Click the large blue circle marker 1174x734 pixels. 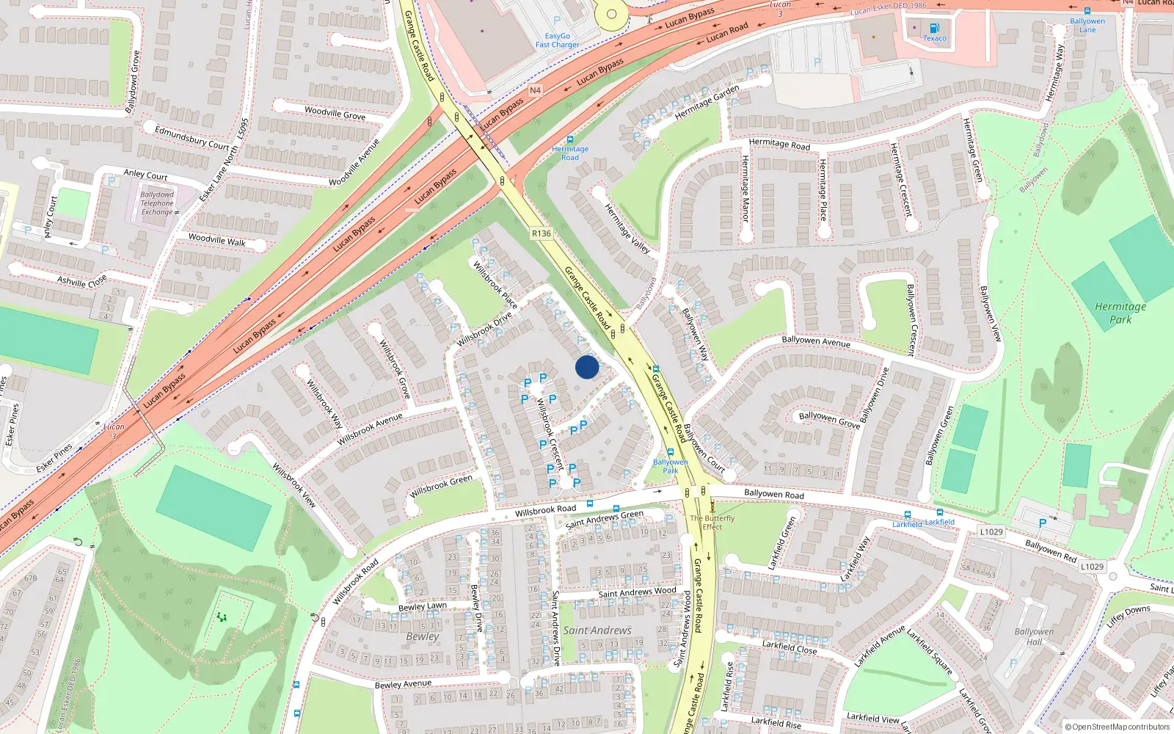coord(586,367)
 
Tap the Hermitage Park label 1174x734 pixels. coord(1120,313)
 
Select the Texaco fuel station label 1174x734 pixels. coord(934,38)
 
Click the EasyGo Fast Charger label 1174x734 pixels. coord(557,40)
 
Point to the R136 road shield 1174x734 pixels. coord(541,233)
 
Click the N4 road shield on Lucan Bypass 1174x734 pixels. coord(535,90)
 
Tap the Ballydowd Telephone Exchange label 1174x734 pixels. coord(157,203)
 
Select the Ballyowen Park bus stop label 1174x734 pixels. coord(670,466)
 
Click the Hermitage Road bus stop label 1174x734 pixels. coord(570,153)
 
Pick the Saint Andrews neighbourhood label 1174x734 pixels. coord(597,631)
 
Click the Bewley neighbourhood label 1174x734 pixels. coord(423,636)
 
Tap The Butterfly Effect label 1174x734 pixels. coord(712,522)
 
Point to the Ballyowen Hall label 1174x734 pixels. coord(1034,636)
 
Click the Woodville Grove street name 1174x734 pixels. coord(335,113)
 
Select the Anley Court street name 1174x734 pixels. coord(145,175)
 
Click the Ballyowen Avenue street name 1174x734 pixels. coord(815,341)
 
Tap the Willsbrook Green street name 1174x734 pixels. coord(441,487)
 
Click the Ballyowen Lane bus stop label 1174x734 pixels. coord(1087,25)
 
